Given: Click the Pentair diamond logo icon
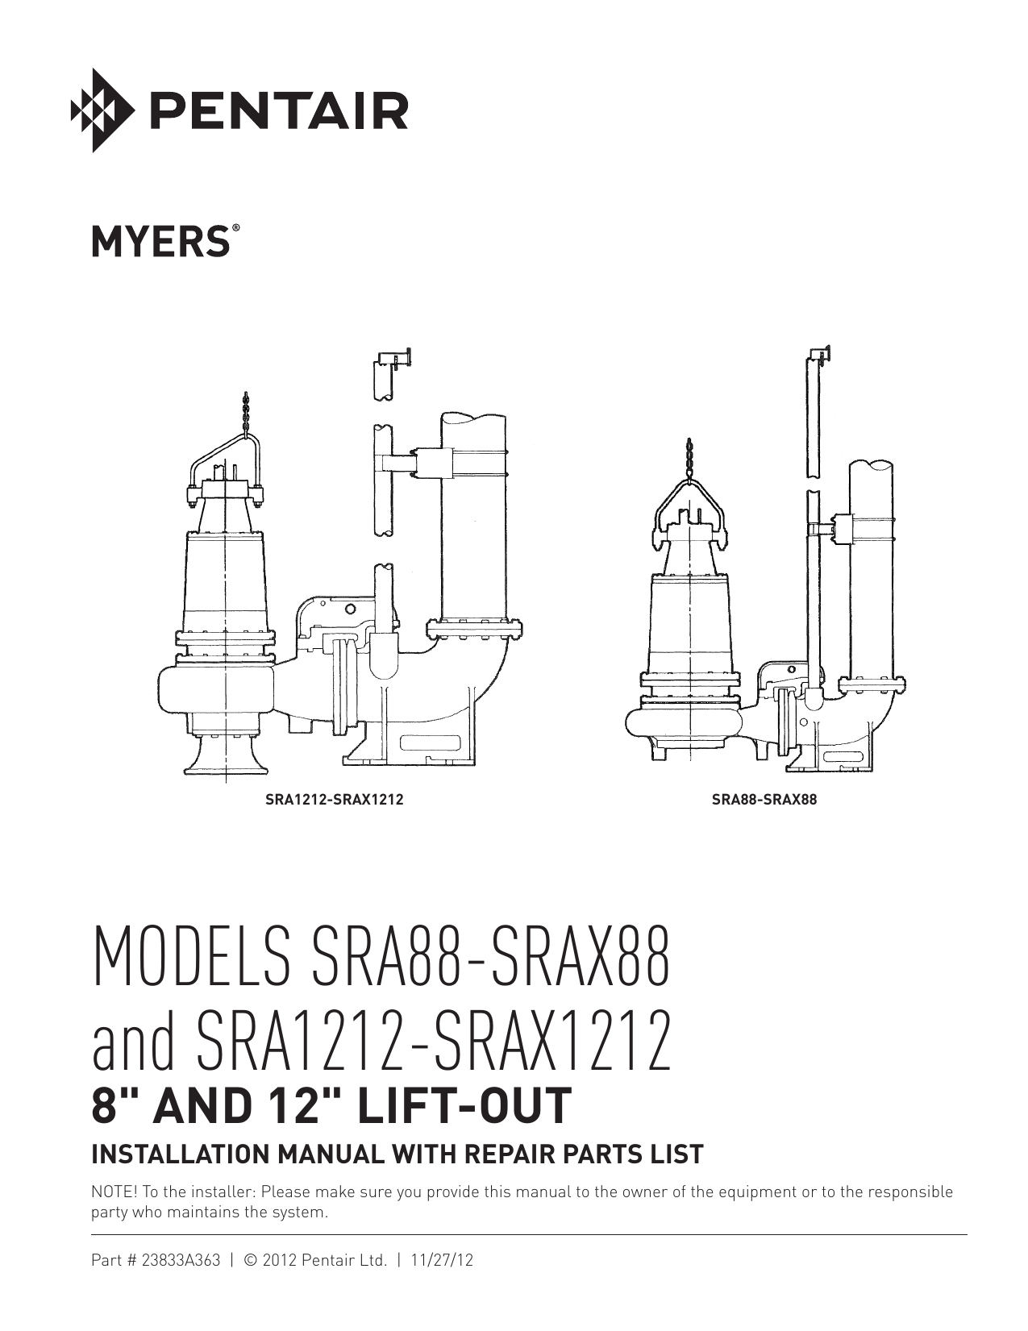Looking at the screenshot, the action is tap(101, 110).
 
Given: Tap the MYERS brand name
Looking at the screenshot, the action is tap(161, 241).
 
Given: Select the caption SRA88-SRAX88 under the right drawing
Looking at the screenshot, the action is tap(764, 800).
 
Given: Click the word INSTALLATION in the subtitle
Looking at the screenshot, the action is tap(182, 1154).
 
